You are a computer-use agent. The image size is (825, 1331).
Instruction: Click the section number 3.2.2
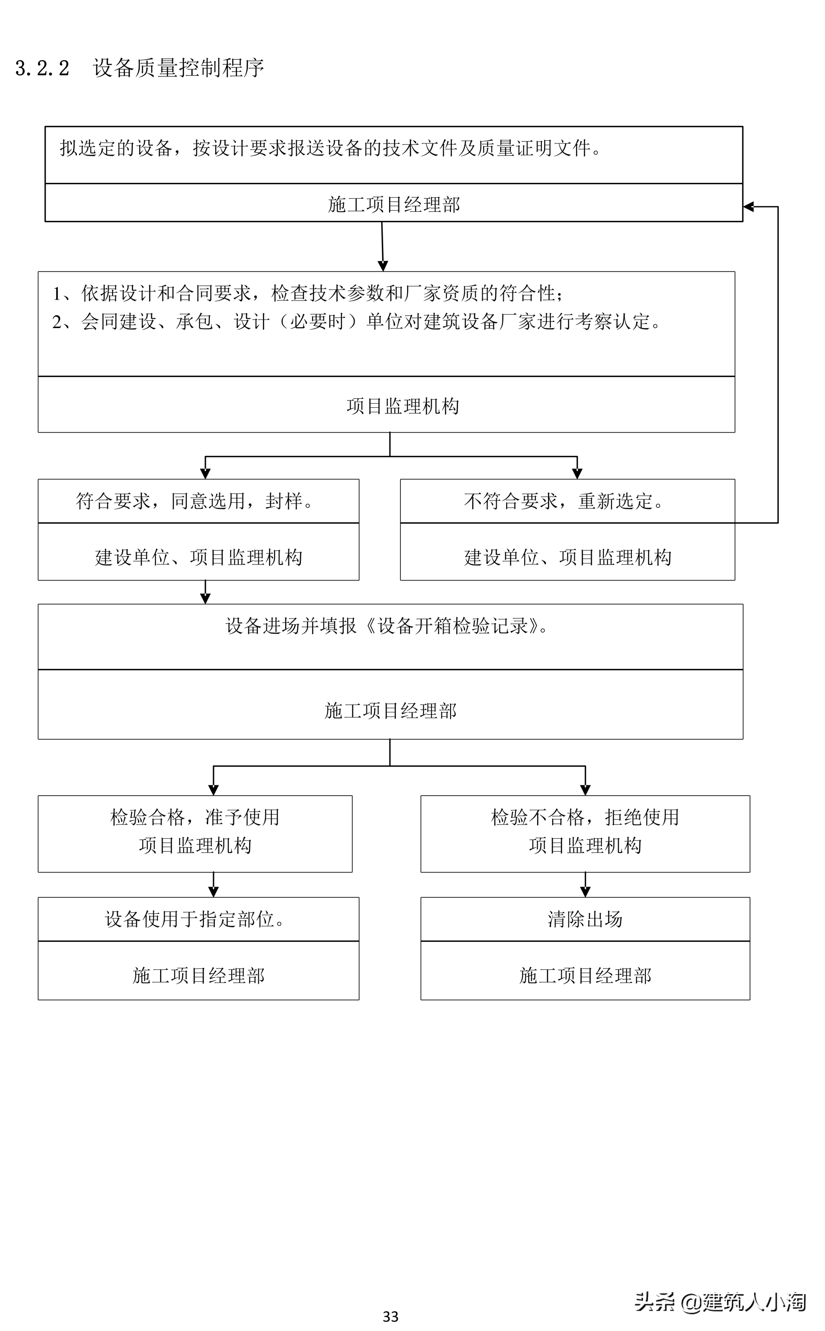(x=42, y=68)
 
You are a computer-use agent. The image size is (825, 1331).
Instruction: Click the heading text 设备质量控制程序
(x=178, y=68)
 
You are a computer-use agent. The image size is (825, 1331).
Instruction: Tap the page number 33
(x=390, y=1316)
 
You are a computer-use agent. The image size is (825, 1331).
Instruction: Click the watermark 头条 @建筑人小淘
(x=720, y=1302)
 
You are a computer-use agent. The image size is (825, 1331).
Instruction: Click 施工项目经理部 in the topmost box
(x=394, y=205)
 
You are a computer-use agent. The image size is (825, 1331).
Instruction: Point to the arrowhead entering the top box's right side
(x=749, y=206)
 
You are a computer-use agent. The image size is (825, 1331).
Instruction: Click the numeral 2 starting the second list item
(x=57, y=322)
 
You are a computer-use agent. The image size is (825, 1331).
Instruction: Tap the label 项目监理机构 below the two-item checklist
(x=403, y=406)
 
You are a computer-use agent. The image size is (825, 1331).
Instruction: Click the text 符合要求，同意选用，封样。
(x=195, y=501)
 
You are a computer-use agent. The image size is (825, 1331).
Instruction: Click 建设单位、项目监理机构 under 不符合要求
(x=568, y=558)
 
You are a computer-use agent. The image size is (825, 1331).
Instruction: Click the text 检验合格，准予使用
(x=195, y=817)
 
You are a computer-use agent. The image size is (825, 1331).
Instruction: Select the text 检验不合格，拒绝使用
(x=585, y=817)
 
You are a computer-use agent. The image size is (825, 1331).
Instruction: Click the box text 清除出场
(x=585, y=919)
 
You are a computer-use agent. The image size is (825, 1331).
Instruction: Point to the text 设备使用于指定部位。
(x=195, y=919)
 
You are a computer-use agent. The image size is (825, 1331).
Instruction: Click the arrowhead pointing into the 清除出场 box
(x=585, y=892)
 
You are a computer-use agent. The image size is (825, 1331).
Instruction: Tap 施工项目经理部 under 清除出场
(x=585, y=976)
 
